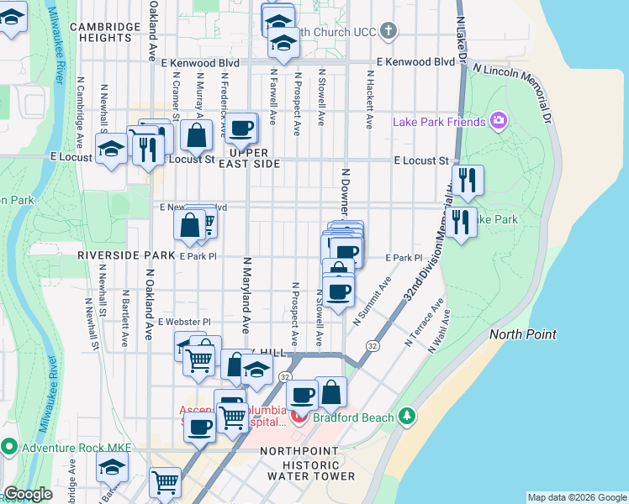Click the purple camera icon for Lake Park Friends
(x=499, y=122)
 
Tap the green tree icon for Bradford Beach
(x=407, y=416)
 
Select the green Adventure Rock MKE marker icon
(x=9, y=445)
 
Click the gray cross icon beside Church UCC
(x=387, y=32)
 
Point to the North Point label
(x=523, y=334)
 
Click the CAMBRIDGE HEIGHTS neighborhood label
(x=105, y=32)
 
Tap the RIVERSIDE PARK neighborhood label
(x=115, y=255)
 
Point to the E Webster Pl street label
(x=184, y=322)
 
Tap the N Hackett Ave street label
(x=368, y=98)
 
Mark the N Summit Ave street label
(x=372, y=302)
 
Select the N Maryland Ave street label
(x=246, y=295)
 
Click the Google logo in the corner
(x=29, y=495)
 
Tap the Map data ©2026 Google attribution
(x=576, y=497)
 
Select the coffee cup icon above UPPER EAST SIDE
(x=241, y=129)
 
